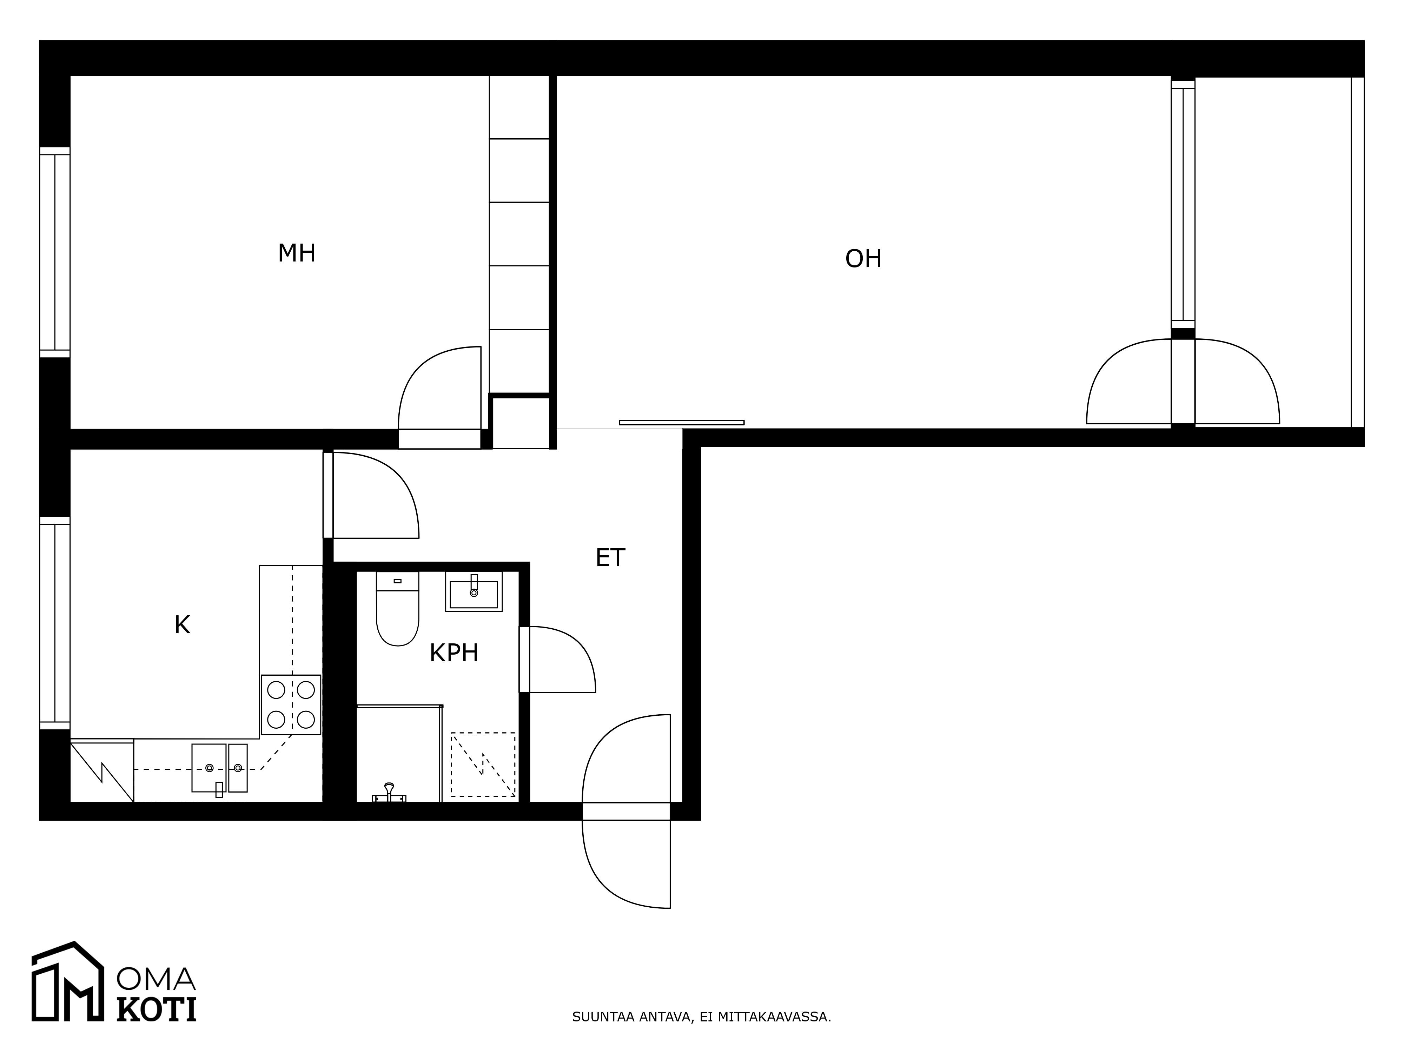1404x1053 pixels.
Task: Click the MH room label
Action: pyautogui.click(x=296, y=253)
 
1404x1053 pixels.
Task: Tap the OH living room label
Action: pyautogui.click(x=863, y=259)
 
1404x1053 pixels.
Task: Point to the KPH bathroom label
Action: pyautogui.click(x=454, y=653)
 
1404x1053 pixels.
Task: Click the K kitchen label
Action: pyautogui.click(x=182, y=625)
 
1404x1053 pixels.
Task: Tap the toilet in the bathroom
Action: pyautogui.click(x=397, y=608)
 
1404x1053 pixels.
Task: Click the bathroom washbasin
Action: pyautogui.click(x=473, y=591)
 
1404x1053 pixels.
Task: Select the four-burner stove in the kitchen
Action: pyautogui.click(x=291, y=704)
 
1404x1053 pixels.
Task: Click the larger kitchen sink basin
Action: pyautogui.click(x=209, y=768)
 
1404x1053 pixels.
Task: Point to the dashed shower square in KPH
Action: pyautogui.click(x=483, y=765)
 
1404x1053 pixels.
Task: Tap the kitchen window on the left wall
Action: pyautogui.click(x=55, y=623)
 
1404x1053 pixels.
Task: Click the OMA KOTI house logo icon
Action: pyautogui.click(x=68, y=981)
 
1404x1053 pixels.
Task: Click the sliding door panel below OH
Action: pyautogui.click(x=682, y=422)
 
